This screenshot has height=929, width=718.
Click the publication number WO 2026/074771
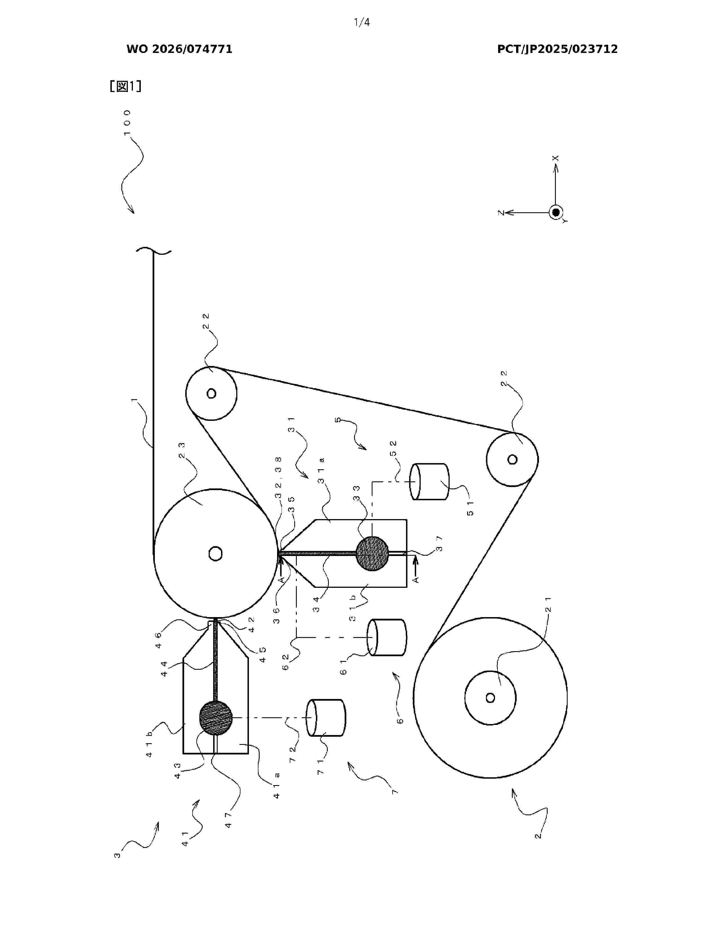pyautogui.click(x=179, y=49)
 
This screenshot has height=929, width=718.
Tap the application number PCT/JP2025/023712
pyautogui.click(x=557, y=49)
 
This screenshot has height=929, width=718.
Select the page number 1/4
pyautogui.click(x=362, y=23)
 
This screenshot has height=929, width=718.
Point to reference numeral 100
pyautogui.click(x=127, y=122)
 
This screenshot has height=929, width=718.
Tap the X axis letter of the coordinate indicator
pyautogui.click(x=556, y=158)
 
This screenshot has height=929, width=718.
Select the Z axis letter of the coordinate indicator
pyautogui.click(x=501, y=212)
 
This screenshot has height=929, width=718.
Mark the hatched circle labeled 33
pyautogui.click(x=372, y=553)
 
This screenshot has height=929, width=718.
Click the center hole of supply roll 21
pyautogui.click(x=490, y=698)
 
